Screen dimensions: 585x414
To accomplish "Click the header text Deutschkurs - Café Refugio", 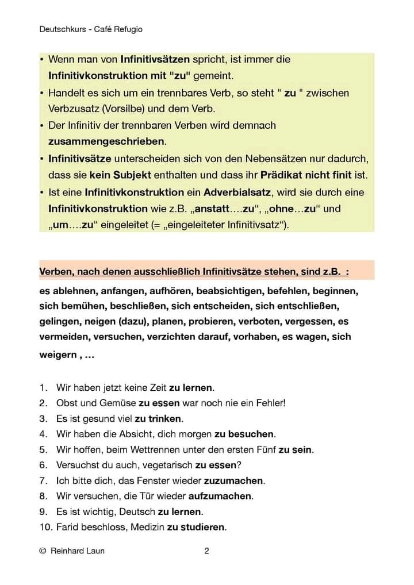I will pyautogui.click(x=91, y=29).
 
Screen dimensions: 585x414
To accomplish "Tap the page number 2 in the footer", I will pyautogui.click(x=206, y=551).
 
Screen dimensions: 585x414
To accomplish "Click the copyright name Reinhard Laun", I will pyautogui.click(x=78, y=551).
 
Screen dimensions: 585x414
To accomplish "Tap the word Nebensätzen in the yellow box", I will pyautogui.click(x=295, y=158).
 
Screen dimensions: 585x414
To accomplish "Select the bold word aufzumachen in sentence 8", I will pyautogui.click(x=220, y=495).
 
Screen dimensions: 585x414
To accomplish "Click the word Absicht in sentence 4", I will pyautogui.click(x=143, y=434).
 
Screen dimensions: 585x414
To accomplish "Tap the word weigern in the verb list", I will pyautogui.click(x=56, y=355).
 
